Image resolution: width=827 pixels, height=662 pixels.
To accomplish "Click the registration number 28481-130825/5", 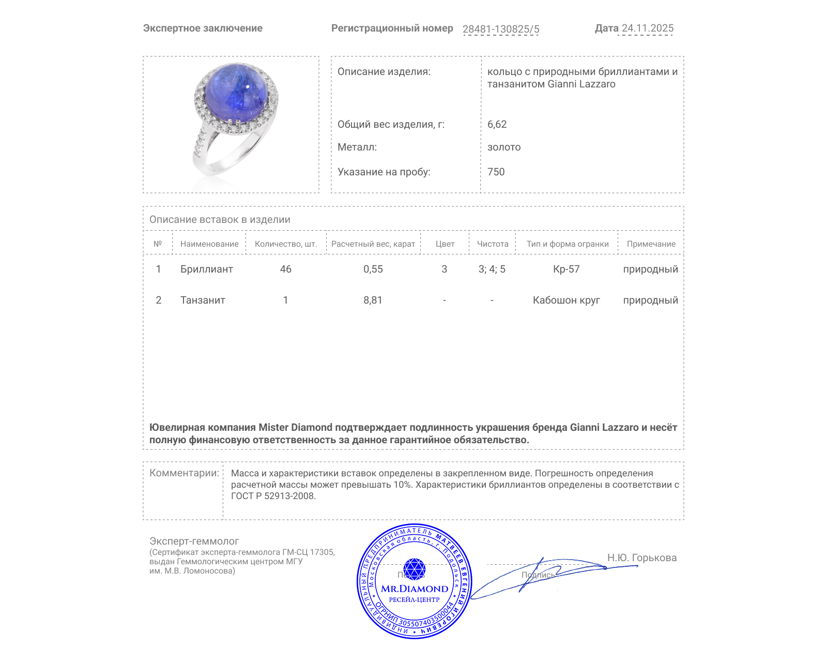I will [500, 29].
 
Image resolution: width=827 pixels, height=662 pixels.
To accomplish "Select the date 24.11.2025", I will [647, 28].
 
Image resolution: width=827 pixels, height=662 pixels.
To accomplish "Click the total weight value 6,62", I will [497, 124].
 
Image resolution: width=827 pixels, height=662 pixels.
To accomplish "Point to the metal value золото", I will [503, 147].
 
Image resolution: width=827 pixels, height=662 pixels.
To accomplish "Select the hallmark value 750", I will [496, 172].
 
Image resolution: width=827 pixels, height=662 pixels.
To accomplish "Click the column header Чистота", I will [492, 244].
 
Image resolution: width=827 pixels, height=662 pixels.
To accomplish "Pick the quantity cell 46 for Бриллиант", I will [285, 269].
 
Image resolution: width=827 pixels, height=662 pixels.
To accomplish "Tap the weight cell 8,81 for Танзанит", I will [373, 300].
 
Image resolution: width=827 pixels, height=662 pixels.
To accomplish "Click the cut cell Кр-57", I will [566, 269].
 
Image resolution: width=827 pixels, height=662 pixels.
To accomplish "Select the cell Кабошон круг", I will [566, 300].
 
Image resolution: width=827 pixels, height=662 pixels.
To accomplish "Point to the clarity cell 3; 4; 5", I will [492, 269].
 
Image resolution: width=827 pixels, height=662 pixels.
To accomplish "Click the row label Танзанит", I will [203, 300].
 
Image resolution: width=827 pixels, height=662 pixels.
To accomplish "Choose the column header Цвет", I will [445, 244].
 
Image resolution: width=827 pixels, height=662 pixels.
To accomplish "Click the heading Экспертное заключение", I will [203, 28].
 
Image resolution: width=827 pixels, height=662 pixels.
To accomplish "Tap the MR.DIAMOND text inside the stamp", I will [415, 589].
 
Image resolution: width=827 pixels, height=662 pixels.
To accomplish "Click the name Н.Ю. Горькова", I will [641, 558].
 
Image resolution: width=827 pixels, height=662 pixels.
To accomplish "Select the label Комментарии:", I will [184, 473].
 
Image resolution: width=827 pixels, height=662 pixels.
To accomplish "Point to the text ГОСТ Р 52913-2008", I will [273, 496].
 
